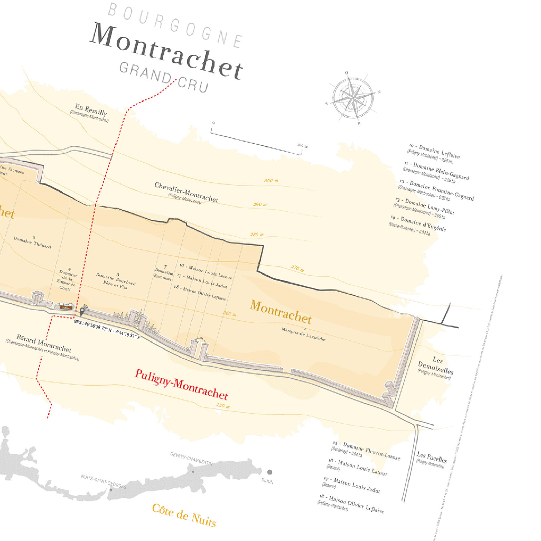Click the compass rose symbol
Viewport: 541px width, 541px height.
(x=353, y=98)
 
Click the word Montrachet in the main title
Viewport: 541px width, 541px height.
(x=167, y=51)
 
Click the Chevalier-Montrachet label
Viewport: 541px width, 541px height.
(x=186, y=192)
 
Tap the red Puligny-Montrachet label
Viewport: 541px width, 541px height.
(x=181, y=384)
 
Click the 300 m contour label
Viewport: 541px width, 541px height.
(x=271, y=181)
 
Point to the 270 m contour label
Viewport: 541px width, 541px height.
(x=297, y=269)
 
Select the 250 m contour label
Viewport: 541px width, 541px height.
(x=223, y=406)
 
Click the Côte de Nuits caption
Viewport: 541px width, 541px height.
(x=184, y=515)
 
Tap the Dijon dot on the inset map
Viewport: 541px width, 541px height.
(x=269, y=472)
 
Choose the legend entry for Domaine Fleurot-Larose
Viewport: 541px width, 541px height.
(x=366, y=450)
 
